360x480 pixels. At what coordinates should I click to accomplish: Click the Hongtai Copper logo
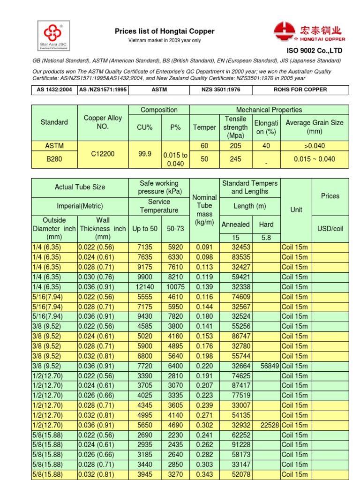click(309, 32)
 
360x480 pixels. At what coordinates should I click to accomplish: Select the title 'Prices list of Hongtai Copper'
click(165, 31)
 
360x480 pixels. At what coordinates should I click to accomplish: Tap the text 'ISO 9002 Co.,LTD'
click(315, 51)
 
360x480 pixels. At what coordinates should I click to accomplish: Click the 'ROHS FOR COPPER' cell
click(300, 90)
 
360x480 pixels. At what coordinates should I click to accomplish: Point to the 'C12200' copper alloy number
click(102, 153)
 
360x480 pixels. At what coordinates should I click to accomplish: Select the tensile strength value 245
click(235, 159)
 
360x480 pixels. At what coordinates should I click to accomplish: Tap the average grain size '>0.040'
click(315, 146)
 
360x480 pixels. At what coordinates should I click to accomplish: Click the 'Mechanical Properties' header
click(269, 110)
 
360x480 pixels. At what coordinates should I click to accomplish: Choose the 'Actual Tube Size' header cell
click(80, 187)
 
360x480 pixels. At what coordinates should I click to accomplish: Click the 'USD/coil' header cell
click(330, 229)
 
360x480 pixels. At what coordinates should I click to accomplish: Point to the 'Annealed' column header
click(235, 225)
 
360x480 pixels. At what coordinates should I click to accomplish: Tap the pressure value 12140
click(144, 287)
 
